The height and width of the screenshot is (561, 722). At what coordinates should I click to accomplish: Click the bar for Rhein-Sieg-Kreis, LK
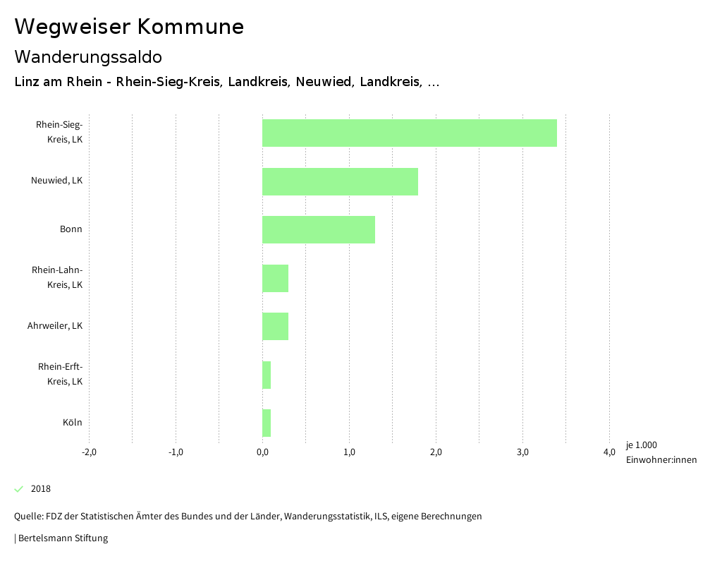(x=409, y=133)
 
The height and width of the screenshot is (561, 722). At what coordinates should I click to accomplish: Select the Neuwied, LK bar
(x=340, y=181)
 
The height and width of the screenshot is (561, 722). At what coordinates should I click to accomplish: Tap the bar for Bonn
(x=318, y=229)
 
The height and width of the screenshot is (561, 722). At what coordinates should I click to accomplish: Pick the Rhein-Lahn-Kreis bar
(x=275, y=278)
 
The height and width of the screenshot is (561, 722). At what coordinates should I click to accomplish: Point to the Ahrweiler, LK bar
(x=275, y=326)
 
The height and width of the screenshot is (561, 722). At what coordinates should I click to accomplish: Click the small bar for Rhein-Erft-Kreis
(x=267, y=375)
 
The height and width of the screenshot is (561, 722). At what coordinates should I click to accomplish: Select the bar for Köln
(x=267, y=423)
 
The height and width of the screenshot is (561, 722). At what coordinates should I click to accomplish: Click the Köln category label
(x=72, y=423)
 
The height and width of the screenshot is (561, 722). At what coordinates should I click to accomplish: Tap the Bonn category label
(x=71, y=229)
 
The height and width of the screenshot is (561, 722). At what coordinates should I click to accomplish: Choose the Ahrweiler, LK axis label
(x=55, y=326)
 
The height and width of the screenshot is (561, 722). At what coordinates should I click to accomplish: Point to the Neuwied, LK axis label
(x=56, y=181)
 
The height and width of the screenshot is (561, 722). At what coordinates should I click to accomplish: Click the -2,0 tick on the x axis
(x=89, y=452)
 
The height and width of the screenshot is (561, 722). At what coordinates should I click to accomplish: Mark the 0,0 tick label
(x=262, y=452)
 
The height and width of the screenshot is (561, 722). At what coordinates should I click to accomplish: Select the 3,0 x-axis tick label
(x=522, y=452)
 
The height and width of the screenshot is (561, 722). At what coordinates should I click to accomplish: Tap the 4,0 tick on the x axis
(x=609, y=452)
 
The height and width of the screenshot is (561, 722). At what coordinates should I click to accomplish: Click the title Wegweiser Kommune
(x=129, y=27)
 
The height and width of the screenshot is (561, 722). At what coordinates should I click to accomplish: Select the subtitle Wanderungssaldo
(x=88, y=56)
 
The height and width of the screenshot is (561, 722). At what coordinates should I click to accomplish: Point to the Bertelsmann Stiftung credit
(x=62, y=538)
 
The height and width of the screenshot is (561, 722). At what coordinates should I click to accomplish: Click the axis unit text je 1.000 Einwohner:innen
(x=661, y=452)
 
